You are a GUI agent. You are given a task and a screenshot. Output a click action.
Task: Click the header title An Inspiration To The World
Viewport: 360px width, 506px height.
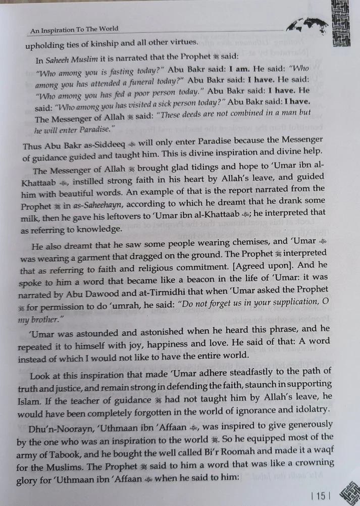click(74, 29)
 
